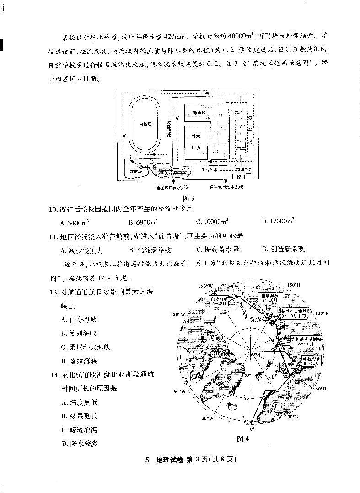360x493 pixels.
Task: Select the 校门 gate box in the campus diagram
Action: point(242,176)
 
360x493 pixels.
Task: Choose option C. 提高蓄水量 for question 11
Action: point(218,249)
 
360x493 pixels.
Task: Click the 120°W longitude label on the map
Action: point(176,314)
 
